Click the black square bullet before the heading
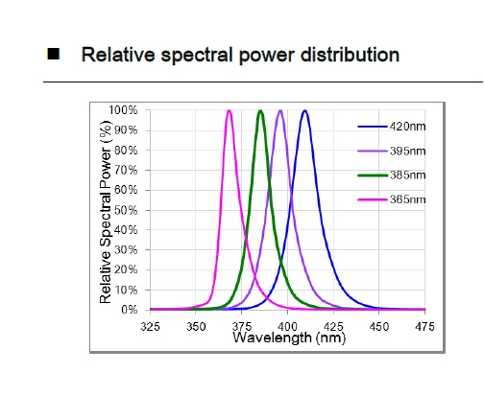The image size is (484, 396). [x=56, y=55]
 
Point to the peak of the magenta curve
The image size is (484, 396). [x=229, y=110]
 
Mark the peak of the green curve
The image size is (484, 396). [x=260, y=110]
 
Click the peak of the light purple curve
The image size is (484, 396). [x=280, y=110]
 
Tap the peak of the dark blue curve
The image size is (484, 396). [x=304, y=110]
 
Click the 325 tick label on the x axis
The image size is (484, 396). [x=151, y=326]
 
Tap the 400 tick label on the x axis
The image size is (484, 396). [x=288, y=326]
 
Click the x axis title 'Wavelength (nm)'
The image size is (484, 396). [x=288, y=338]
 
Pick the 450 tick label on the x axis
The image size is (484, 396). [x=379, y=326]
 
